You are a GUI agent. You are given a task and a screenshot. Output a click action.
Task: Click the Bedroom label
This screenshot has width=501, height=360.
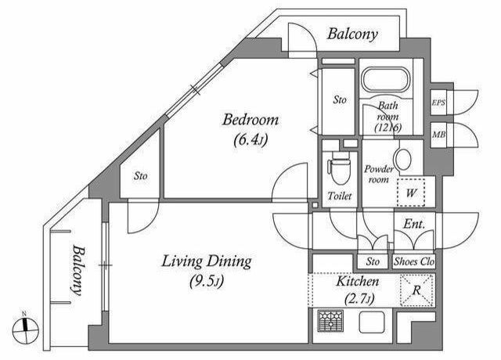tap(250, 120)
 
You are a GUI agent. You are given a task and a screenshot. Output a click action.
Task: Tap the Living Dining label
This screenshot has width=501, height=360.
tap(207, 261)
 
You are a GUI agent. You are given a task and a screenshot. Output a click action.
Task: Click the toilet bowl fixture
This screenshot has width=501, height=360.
tap(339, 167)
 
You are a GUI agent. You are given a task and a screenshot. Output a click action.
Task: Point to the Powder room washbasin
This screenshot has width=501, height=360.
tap(402, 159)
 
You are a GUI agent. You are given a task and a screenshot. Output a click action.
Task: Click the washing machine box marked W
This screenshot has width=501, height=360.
tap(411, 193)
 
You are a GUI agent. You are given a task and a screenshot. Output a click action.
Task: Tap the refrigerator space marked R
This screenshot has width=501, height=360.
tap(416, 290)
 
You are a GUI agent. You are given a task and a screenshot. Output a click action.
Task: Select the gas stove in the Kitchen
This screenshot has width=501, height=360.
tap(331, 321)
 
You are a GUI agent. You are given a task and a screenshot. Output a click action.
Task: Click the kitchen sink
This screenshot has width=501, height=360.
tap(372, 322)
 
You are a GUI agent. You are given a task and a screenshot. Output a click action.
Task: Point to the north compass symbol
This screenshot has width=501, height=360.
tap(25, 329)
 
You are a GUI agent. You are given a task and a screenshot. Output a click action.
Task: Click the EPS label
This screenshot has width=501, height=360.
tap(438, 103)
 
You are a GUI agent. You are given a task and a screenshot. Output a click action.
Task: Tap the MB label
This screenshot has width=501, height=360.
tap(438, 135)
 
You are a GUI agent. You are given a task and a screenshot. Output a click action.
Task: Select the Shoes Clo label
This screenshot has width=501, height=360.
tap(414, 261)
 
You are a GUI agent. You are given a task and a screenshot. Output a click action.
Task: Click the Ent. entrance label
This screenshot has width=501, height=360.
tap(414, 224)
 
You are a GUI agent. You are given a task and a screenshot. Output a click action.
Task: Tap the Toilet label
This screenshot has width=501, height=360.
tap(339, 196)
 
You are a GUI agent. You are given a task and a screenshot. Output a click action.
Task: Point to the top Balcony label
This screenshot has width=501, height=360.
tap(352, 34)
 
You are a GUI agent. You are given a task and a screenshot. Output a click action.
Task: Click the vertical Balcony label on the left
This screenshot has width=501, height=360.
tap(77, 270)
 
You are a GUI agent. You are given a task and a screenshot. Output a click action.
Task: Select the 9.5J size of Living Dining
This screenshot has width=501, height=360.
tap(207, 282)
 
